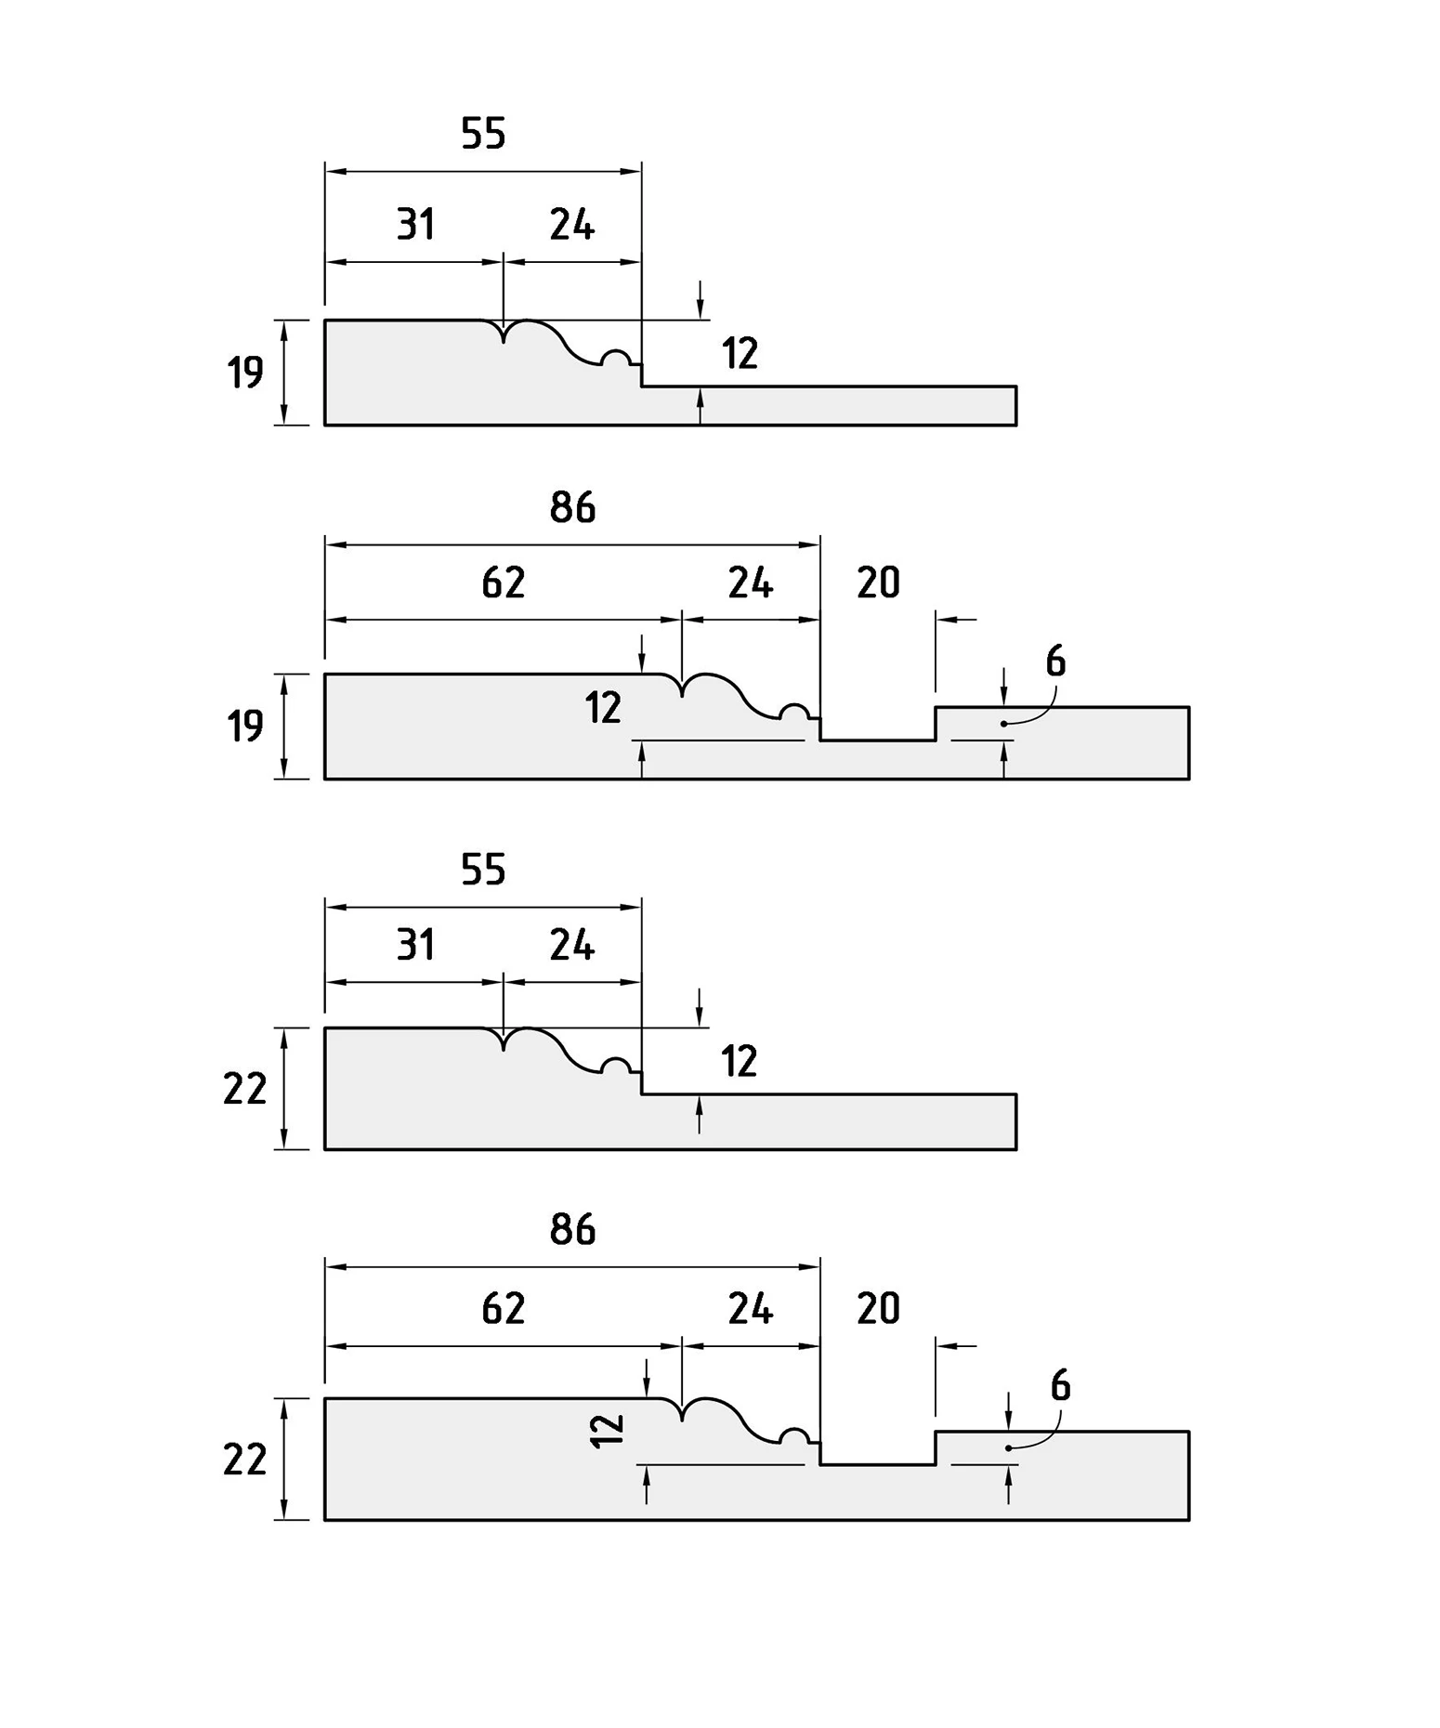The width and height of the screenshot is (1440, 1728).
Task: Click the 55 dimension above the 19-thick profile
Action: tap(483, 134)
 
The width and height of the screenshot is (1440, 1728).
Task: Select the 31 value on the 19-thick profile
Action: tap(415, 225)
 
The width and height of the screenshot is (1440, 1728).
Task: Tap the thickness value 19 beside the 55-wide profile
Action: tap(245, 373)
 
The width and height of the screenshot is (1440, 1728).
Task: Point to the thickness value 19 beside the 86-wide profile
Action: tap(245, 727)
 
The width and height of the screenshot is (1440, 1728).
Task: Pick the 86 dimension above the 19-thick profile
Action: tap(572, 507)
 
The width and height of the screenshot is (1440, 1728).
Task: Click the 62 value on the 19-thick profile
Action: tap(504, 583)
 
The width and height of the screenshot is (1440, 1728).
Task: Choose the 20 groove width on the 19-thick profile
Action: tap(878, 583)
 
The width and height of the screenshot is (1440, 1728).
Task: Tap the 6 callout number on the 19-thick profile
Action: tap(1055, 661)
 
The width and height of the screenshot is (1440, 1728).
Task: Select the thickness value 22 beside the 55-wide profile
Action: tap(245, 1089)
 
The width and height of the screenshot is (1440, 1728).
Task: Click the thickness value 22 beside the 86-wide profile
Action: tap(245, 1460)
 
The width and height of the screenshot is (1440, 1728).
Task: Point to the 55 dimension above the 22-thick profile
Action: tap(483, 870)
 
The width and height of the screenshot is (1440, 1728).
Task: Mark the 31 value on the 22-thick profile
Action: tap(415, 946)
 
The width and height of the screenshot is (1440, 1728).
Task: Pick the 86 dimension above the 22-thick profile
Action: tap(572, 1229)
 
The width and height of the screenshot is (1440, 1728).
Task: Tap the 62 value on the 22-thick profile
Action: tap(504, 1308)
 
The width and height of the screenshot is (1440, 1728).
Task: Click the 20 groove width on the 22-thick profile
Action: tap(878, 1308)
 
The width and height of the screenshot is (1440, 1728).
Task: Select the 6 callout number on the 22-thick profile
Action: tap(1060, 1386)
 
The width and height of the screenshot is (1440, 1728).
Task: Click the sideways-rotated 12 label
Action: tap(607, 1431)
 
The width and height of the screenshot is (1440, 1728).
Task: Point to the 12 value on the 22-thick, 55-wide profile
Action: tap(740, 1061)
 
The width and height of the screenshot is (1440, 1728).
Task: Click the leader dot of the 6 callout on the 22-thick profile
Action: tap(1008, 1448)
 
